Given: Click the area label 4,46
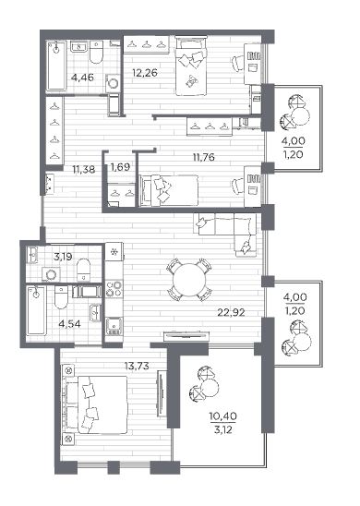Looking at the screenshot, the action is coord(82,78).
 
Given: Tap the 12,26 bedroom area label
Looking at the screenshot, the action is coord(145,73).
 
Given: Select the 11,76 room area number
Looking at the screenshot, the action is coord(204,158).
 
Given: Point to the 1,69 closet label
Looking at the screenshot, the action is coord(120,167).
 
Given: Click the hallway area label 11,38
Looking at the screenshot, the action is coord(84,169).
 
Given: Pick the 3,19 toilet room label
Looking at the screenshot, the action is coord(63,258).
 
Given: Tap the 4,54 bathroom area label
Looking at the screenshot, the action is coord(69,324).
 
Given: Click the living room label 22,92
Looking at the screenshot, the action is coord(231,312).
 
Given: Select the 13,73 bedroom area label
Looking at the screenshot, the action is coord(137,366).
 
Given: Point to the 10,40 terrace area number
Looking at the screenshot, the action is coord(222,416).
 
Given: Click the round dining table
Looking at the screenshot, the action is coord(189,280).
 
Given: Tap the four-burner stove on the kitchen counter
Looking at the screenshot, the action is coord(114,288).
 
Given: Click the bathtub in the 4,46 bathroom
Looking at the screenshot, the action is coord(57,66).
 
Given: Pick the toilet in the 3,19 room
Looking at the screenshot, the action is coord(84,270).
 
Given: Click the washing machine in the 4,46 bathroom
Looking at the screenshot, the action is coord(113,83).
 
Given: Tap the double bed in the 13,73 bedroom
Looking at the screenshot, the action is coord(96,404).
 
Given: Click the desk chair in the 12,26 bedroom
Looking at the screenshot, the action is coord(237,63).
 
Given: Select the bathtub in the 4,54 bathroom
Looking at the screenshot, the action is coord(36,311).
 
